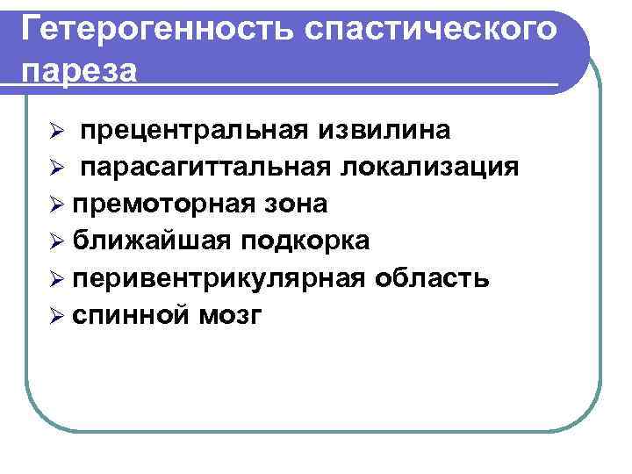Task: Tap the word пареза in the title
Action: [79, 69]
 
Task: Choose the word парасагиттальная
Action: [207, 167]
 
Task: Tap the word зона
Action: [296, 205]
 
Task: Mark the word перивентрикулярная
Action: [219, 279]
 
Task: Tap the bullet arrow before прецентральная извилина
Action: [54, 132]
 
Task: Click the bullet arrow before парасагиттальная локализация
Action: [54, 169]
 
